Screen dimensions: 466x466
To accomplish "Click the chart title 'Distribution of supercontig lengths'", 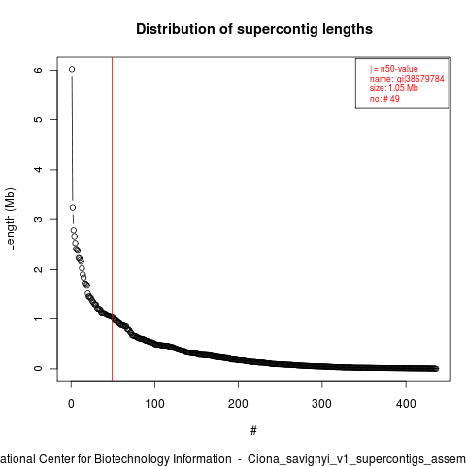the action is tap(254, 29).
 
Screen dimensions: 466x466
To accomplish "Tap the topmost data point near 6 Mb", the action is tap(72, 69).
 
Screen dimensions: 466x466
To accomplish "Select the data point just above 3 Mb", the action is tap(73, 207).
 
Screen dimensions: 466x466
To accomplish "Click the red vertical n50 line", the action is tap(112, 219).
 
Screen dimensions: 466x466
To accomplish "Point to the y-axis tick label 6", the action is tap(38, 70).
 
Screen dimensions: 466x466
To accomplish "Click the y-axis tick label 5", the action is tap(38, 119).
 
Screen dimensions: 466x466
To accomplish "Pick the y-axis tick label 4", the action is tap(38, 170).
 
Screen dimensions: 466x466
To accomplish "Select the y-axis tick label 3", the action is tap(38, 219).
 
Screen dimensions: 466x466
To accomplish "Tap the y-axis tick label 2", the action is tap(38, 269).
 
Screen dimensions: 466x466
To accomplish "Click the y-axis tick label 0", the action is tap(38, 369).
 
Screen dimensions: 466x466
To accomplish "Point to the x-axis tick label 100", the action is tap(154, 404).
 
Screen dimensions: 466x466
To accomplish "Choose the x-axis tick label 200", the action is tap(238, 404).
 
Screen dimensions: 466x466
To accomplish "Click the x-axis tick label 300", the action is tap(322, 404).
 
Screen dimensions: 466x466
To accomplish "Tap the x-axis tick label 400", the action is tap(406, 404).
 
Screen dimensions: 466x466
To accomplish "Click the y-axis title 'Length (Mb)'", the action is tap(10, 219).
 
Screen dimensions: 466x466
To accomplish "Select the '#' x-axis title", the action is tap(253, 431).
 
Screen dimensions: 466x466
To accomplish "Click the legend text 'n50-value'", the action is tap(399, 69).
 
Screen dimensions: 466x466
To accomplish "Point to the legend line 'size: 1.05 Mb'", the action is tap(394, 88).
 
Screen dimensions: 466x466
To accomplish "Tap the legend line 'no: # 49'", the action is tap(384, 99).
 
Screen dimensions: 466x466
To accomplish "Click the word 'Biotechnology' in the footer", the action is tap(163, 459).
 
